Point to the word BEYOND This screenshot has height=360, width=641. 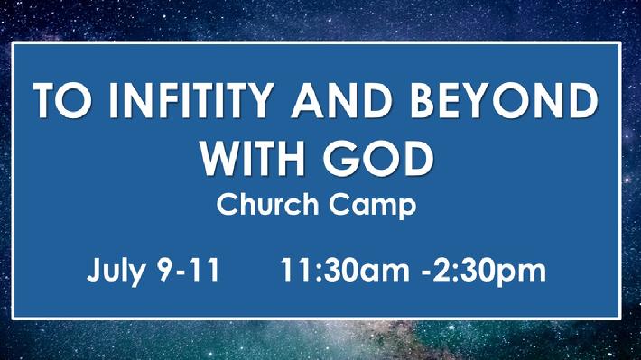pyautogui.click(x=504, y=100)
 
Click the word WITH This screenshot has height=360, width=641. pyautogui.click(x=252, y=158)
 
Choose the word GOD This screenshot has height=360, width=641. pyautogui.click(x=377, y=158)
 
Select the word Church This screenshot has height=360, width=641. pyautogui.click(x=267, y=204)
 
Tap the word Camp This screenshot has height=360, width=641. pyautogui.click(x=373, y=205)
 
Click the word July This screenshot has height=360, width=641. pyautogui.click(x=116, y=272)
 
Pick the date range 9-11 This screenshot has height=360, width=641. pyautogui.click(x=189, y=270)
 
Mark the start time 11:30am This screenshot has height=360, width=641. pyautogui.click(x=344, y=270)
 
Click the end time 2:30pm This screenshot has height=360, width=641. pyautogui.click(x=489, y=272)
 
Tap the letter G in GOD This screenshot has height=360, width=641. pyautogui.click(x=340, y=158)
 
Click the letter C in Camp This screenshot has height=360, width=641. pyautogui.click(x=340, y=204)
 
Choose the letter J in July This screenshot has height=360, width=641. pyautogui.click(x=94, y=270)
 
